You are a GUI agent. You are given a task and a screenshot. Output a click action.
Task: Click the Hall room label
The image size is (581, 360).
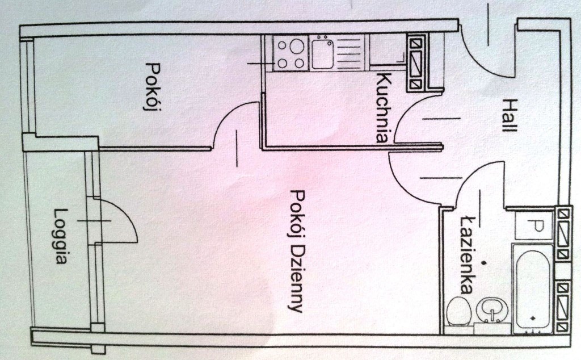pyautogui.click(x=509, y=115)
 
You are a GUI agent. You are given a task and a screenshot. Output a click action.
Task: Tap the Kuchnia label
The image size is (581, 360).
pyautogui.click(x=384, y=107)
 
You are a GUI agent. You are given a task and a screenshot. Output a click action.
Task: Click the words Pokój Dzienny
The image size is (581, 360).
pyautogui.click(x=297, y=251)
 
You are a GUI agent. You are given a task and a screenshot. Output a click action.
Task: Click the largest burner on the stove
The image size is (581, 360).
pyautogui.click(x=297, y=47)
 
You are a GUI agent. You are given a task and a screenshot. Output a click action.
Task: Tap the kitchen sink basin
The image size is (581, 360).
pyautogui.click(x=322, y=54)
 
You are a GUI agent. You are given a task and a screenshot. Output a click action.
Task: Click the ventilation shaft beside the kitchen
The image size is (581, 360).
pyautogui.click(x=417, y=62)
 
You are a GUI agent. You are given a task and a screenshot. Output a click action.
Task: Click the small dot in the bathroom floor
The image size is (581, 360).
pyautogui.click(x=483, y=263)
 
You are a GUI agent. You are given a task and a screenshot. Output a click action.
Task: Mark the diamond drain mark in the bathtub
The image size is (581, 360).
pyautogui.click(x=533, y=317)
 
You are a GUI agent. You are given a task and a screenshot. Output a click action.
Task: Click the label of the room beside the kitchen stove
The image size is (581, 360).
pyautogui.click(x=152, y=86)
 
